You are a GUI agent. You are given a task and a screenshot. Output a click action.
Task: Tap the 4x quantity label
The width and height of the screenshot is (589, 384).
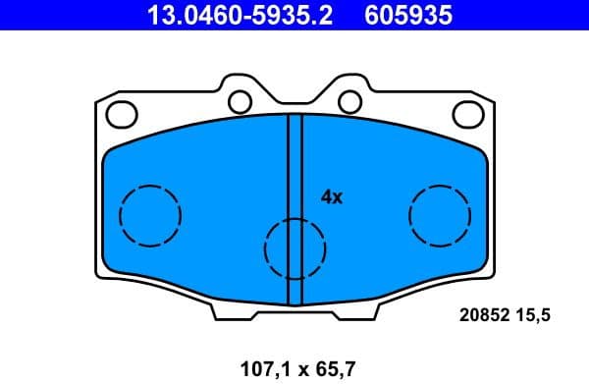(331, 197)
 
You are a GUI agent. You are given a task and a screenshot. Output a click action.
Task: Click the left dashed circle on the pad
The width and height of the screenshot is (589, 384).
(149, 215)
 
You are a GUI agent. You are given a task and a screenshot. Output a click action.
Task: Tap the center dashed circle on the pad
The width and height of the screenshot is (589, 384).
(294, 247)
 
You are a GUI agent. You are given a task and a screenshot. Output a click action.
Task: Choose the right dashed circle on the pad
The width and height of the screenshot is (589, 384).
(440, 215)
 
